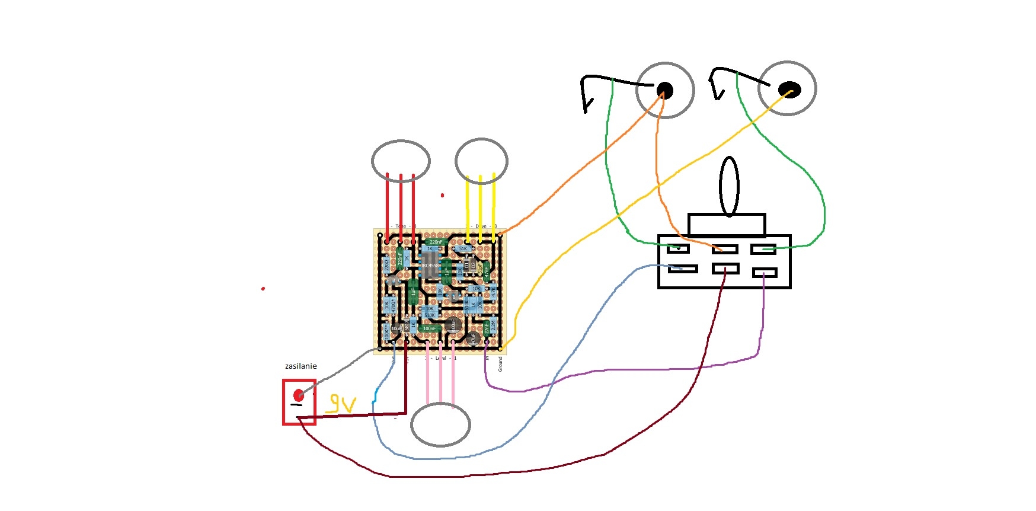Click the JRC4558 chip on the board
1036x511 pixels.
coord(430,266)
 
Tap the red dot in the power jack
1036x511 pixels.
coord(299,395)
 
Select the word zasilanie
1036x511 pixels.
coord(300,366)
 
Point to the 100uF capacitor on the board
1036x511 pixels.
coord(453,324)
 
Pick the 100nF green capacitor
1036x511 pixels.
coord(429,328)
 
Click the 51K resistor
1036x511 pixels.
coord(463,249)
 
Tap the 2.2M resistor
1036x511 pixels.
coord(494,326)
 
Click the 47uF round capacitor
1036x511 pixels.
coord(472,338)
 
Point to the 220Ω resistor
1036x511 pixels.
coord(387,265)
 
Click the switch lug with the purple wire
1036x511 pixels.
coord(765,273)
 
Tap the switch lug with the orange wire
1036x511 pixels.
coord(725,250)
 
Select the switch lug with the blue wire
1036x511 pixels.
coord(683,269)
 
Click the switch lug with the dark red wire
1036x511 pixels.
coord(725,269)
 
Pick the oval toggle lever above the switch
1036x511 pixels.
coord(729,186)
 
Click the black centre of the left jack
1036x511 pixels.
coord(665,90)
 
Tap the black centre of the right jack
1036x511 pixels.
coord(789,90)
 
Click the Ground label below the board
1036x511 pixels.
coord(500,364)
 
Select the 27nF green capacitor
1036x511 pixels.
coord(487,327)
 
